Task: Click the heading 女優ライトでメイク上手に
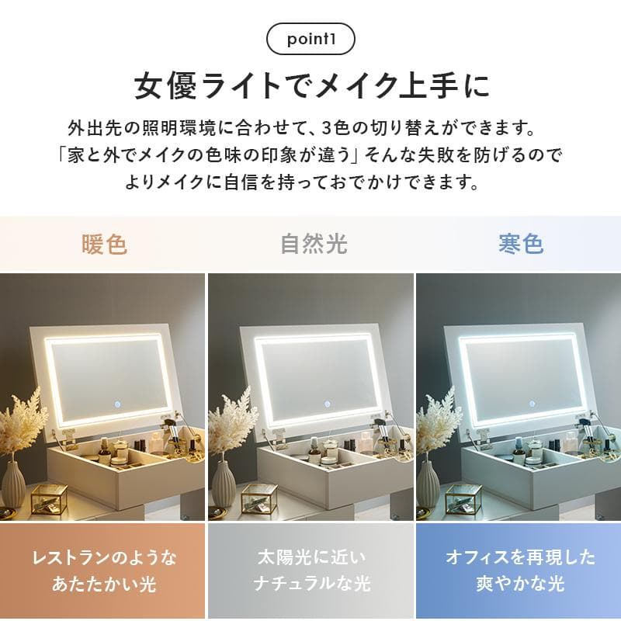click(310, 85)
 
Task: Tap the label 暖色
click(104, 245)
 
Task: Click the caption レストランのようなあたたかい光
click(103, 571)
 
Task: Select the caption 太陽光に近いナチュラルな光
click(311, 571)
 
